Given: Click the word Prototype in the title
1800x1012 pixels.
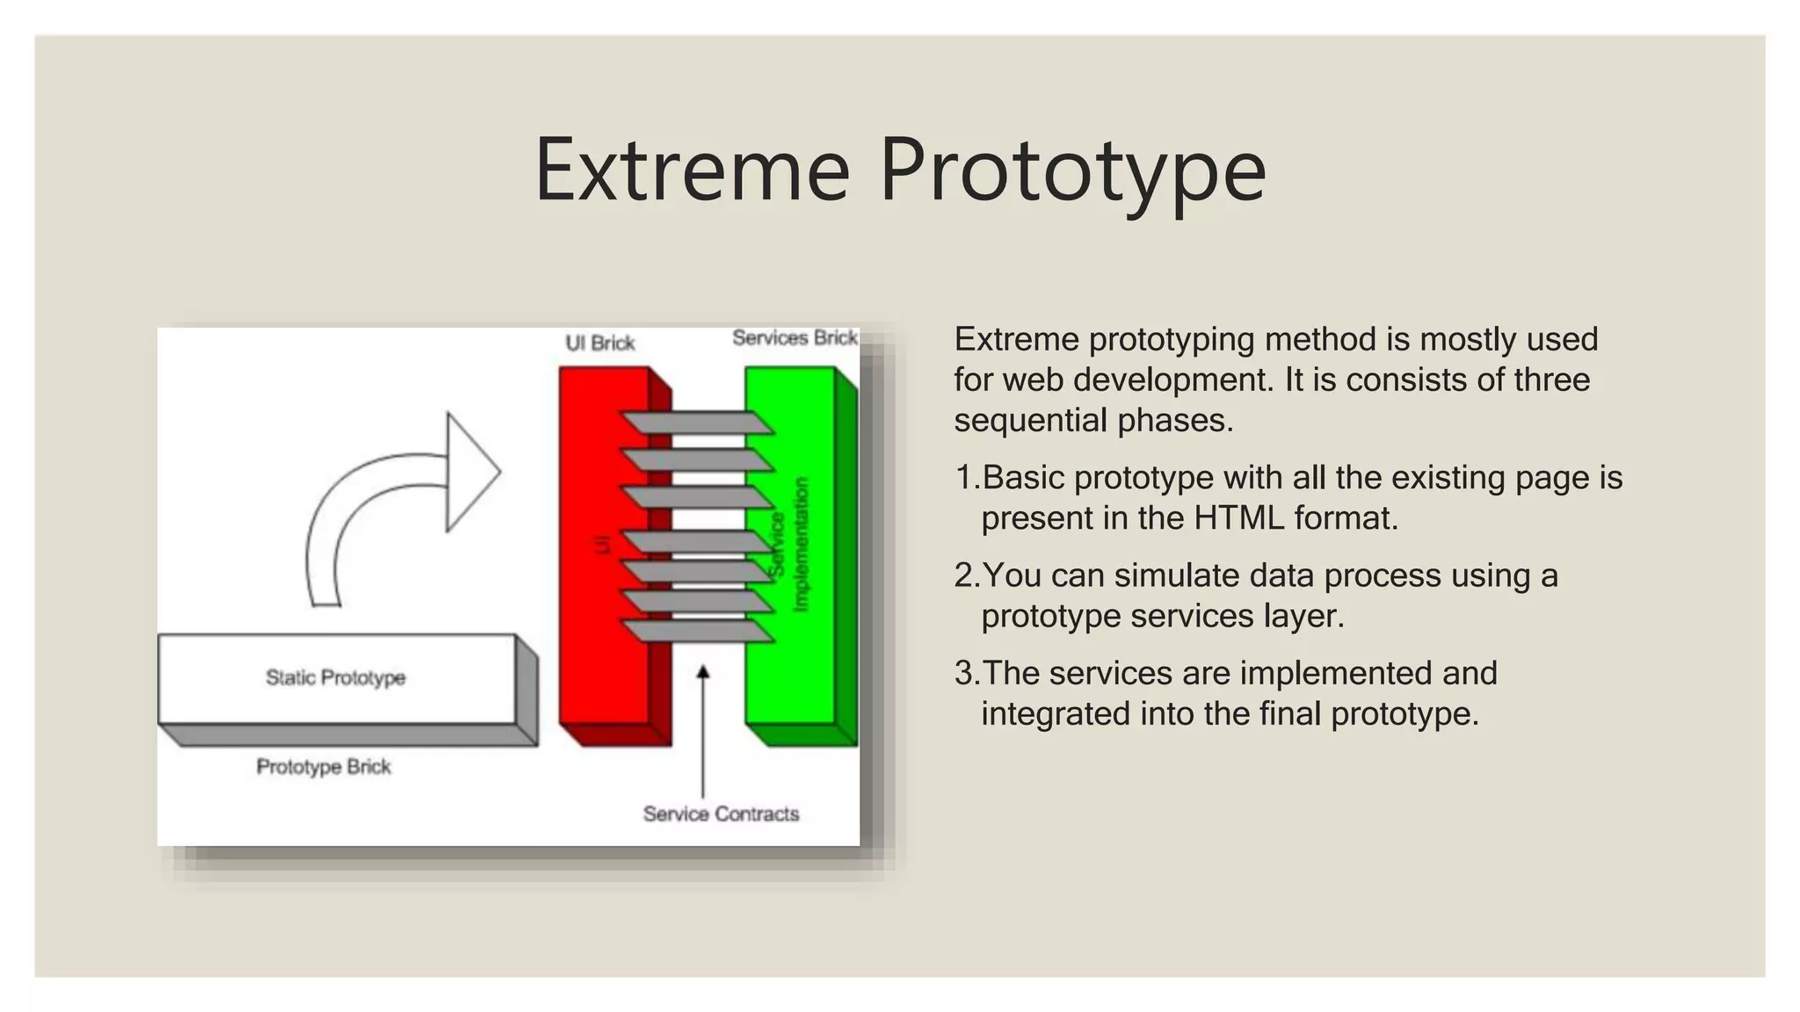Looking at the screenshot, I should coord(1072,171).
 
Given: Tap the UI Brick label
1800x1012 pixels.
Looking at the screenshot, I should coord(599,343).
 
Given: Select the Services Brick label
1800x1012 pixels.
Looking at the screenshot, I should coord(795,338).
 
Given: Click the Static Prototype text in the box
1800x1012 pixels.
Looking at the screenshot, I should coord(336,677).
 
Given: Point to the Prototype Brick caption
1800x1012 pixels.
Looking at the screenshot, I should coord(323,767).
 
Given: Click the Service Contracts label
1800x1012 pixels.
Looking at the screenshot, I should coord(721,814).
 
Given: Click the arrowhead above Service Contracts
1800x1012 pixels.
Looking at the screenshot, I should coord(702,673).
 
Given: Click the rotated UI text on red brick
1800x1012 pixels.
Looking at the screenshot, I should coord(602,545).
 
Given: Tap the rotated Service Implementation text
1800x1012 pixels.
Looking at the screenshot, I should coord(788,545).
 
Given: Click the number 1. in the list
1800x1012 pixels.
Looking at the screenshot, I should coord(966,478).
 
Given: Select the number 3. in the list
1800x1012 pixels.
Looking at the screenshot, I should coord(966,674).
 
